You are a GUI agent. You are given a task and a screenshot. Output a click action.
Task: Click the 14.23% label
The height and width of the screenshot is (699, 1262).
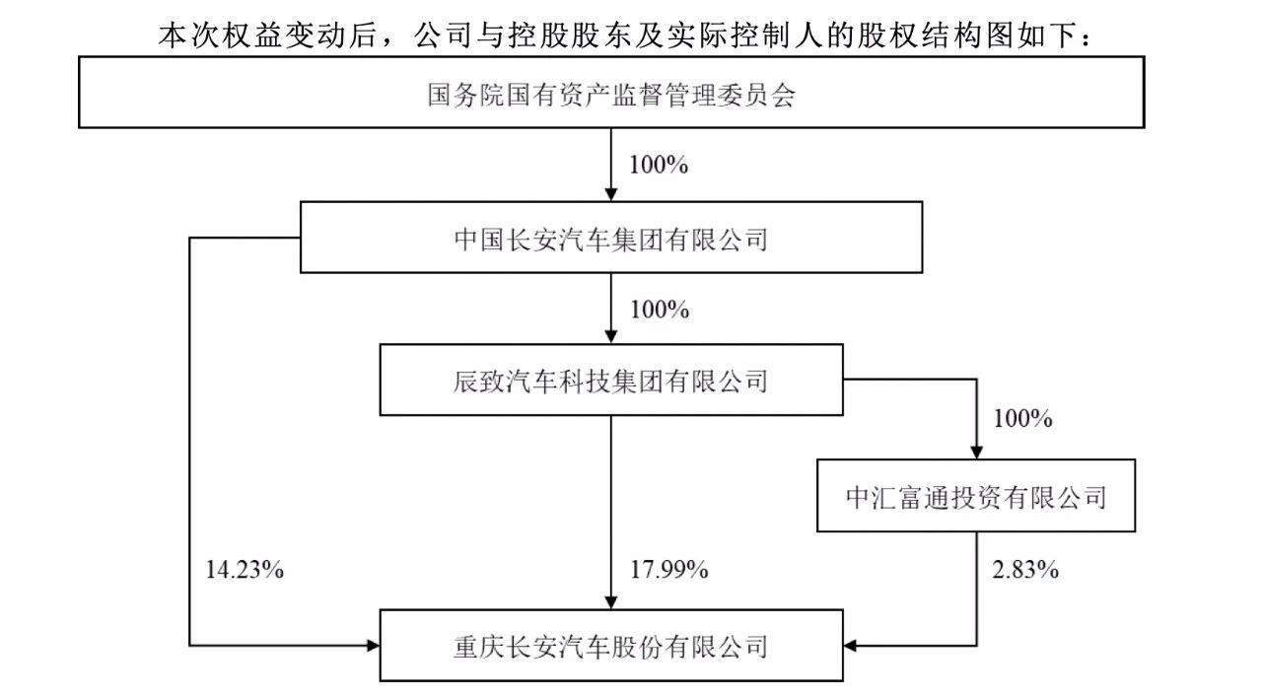pyautogui.click(x=245, y=570)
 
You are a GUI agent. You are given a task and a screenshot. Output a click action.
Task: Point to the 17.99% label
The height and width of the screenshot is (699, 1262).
pyautogui.click(x=668, y=570)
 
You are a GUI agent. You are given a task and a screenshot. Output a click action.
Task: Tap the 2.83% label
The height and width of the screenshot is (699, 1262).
pyautogui.click(x=1025, y=570)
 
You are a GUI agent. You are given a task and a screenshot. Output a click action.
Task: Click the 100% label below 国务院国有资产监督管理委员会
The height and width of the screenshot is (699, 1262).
pyautogui.click(x=659, y=165)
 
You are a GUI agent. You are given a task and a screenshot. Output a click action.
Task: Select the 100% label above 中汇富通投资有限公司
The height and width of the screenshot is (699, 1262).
pyautogui.click(x=1022, y=419)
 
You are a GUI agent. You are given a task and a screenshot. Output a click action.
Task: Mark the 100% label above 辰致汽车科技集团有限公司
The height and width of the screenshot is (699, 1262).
pyautogui.click(x=660, y=310)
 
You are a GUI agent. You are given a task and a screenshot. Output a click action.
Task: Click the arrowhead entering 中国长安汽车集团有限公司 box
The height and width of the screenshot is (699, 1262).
pyautogui.click(x=610, y=194)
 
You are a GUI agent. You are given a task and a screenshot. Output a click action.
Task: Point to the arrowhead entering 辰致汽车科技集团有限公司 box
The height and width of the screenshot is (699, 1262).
pyautogui.click(x=610, y=337)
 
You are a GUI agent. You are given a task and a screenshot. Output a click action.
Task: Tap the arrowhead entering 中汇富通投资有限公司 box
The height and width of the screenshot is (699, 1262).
pyautogui.click(x=976, y=453)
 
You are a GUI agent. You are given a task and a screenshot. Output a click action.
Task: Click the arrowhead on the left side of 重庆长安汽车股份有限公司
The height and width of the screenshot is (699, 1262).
pyautogui.click(x=373, y=646)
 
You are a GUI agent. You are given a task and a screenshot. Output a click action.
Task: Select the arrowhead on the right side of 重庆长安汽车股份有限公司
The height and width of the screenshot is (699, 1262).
pyautogui.click(x=850, y=646)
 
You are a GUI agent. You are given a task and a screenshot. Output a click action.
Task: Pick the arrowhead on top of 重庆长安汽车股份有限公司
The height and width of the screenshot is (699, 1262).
pyautogui.click(x=610, y=602)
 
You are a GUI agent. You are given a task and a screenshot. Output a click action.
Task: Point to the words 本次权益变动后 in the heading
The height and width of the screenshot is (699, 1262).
pyautogui.click(x=267, y=35)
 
